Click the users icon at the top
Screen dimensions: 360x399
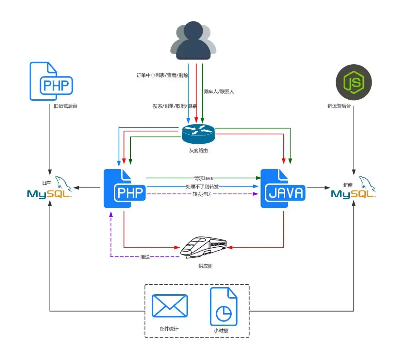(x=193, y=41)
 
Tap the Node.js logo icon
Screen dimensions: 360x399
(x=354, y=82)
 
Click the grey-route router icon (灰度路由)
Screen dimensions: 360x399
(x=198, y=134)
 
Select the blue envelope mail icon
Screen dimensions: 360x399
(x=170, y=305)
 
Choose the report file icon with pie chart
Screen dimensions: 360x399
(x=224, y=306)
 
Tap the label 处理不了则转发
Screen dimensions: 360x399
(x=202, y=186)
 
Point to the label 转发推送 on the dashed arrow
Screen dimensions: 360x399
(x=202, y=194)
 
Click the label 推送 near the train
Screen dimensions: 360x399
(x=145, y=257)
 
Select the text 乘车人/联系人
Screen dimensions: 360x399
(x=219, y=92)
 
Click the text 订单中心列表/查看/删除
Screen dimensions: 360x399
(x=162, y=76)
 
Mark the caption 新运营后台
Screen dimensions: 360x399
(x=339, y=106)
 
